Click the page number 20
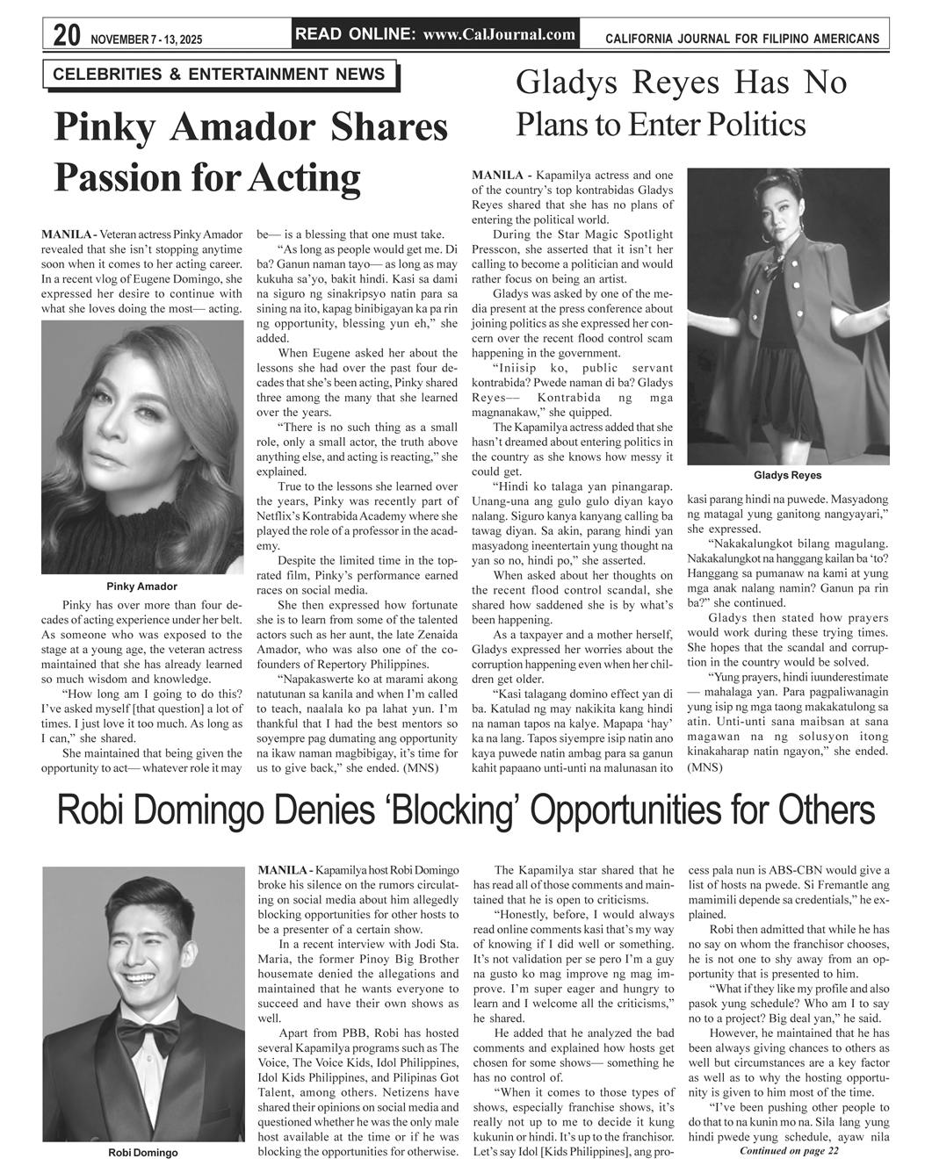pos(66,36)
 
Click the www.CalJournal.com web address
pos(499,35)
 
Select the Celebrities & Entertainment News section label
pos(219,75)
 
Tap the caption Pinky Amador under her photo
pos(141,586)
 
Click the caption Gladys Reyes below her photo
pos(787,476)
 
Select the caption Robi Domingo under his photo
pos(142,1153)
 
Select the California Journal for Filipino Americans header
pos(741,40)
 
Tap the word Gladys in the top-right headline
pos(567,83)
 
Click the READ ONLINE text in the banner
pos(356,35)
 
